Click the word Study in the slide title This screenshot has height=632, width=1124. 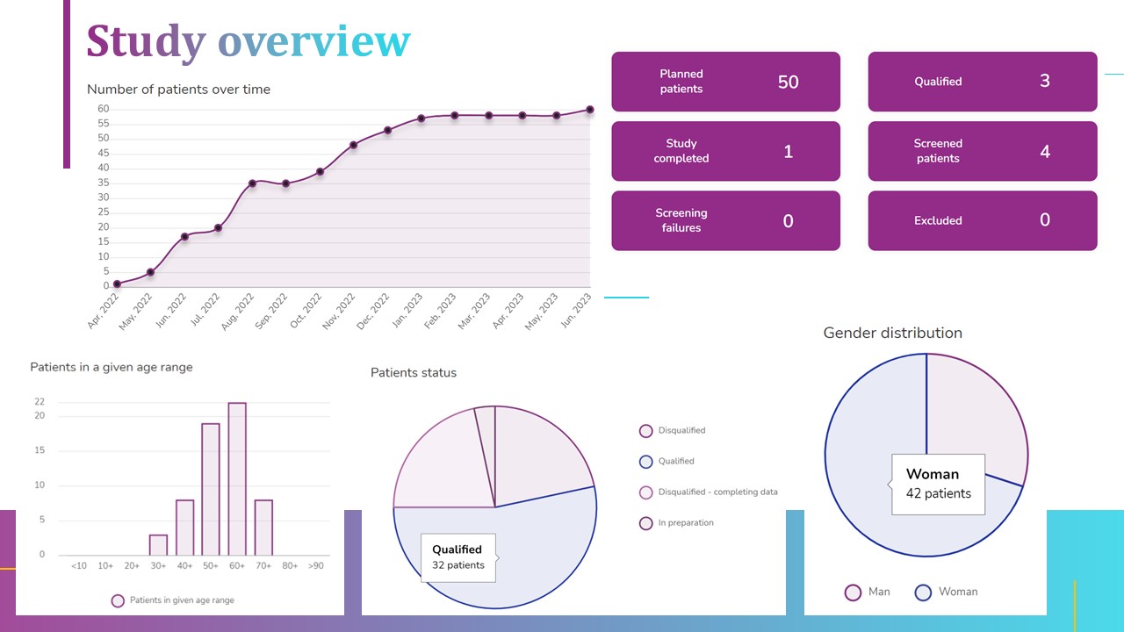(146, 40)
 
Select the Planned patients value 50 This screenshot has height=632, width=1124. (788, 82)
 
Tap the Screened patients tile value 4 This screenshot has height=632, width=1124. (1044, 151)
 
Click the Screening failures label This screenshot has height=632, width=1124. (681, 220)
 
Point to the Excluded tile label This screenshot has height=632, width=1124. (938, 220)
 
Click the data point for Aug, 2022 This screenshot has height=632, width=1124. (252, 183)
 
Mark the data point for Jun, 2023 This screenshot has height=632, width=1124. (589, 110)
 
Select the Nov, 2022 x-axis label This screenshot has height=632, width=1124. (338, 311)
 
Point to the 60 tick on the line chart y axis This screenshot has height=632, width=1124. (103, 109)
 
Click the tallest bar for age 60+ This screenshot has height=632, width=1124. (237, 478)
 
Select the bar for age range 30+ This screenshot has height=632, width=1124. (158, 544)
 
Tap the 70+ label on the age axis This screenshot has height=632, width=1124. (263, 566)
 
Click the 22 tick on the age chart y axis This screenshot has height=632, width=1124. (40, 402)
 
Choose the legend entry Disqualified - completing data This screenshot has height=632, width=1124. (717, 492)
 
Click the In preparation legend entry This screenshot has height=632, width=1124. (685, 523)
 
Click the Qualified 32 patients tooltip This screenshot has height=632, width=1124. (458, 557)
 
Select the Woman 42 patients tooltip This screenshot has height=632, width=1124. (938, 484)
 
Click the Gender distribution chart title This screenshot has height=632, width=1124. (892, 333)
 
